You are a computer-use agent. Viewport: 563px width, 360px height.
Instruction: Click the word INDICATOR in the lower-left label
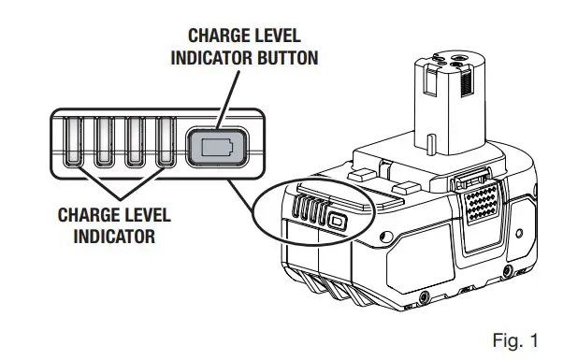(x=114, y=236)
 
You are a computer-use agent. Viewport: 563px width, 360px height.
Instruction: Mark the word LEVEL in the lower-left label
(x=149, y=215)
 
